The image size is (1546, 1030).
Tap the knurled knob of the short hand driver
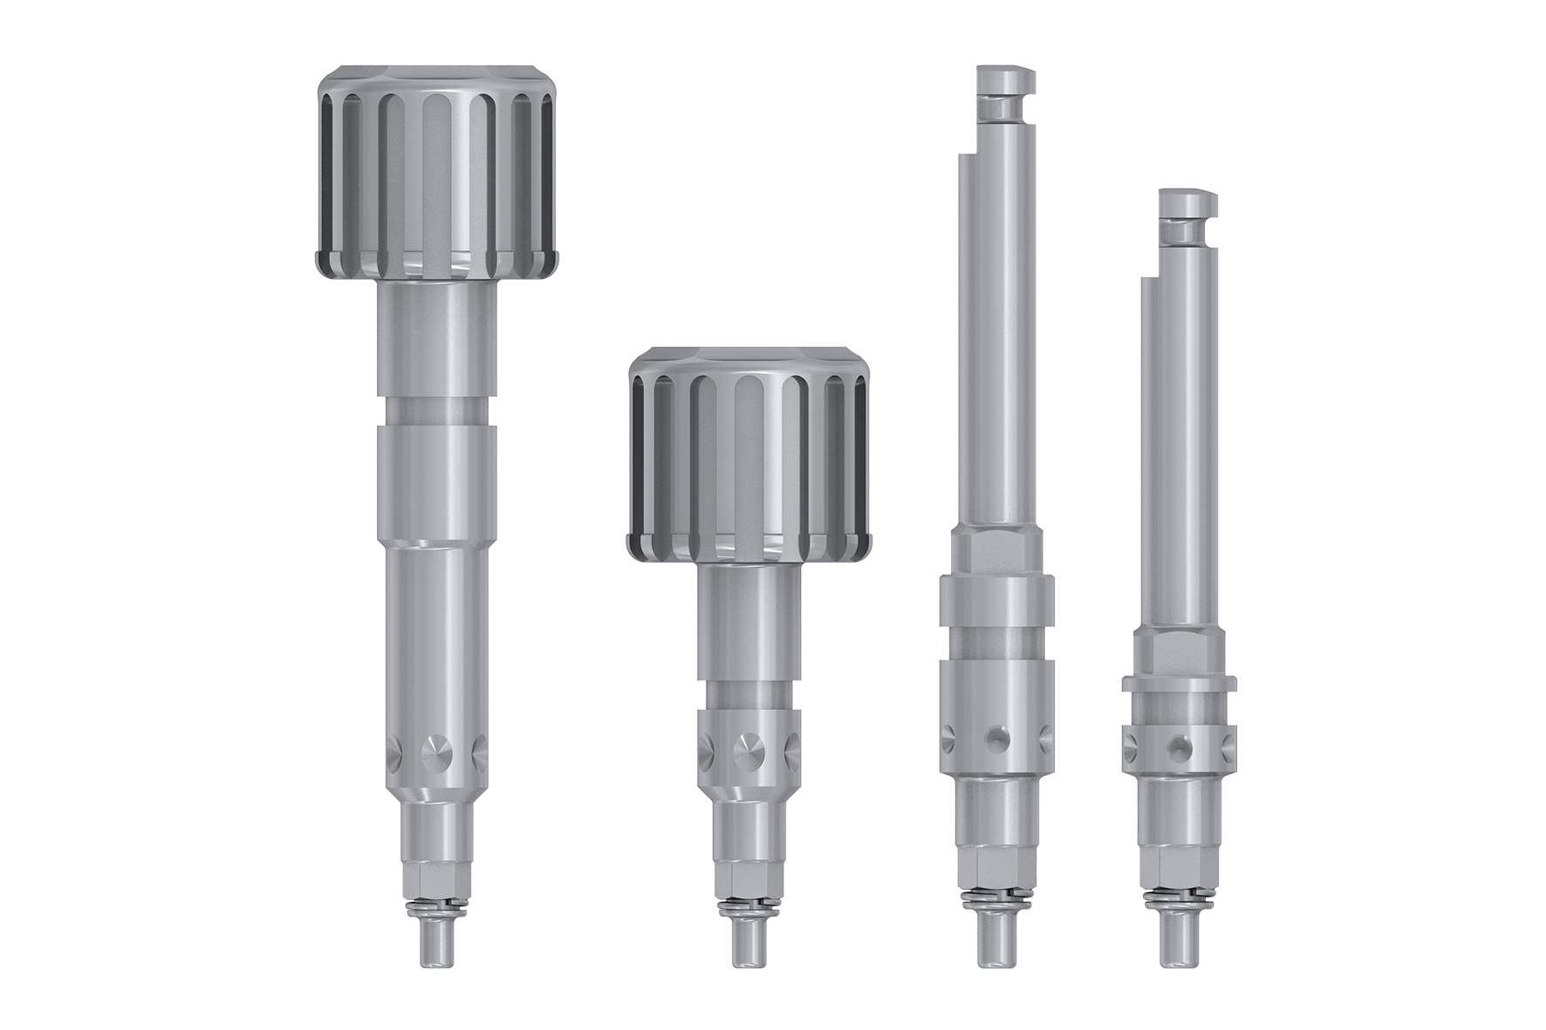[x=749, y=454]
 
